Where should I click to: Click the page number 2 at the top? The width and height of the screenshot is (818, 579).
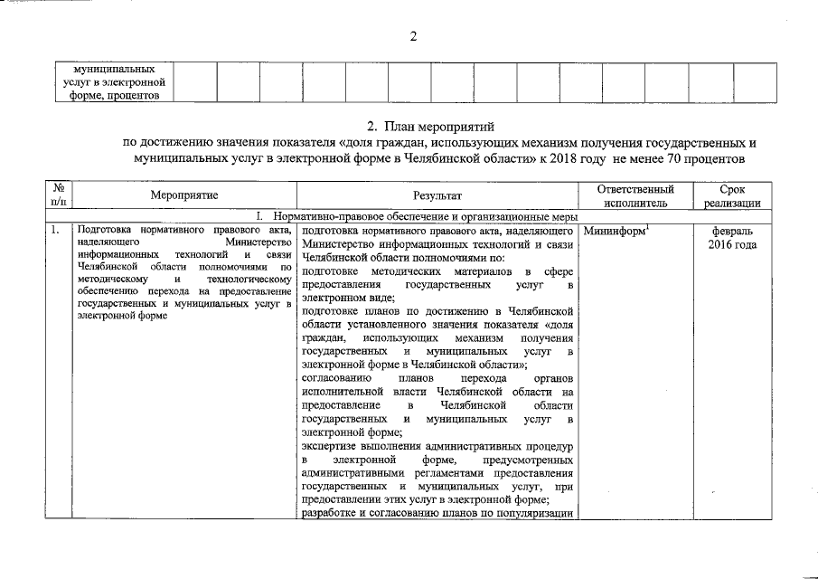pos(412,36)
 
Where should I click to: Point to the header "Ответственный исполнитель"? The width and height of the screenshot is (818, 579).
pos(636,195)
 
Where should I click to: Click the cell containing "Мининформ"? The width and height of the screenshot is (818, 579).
pos(615,232)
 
